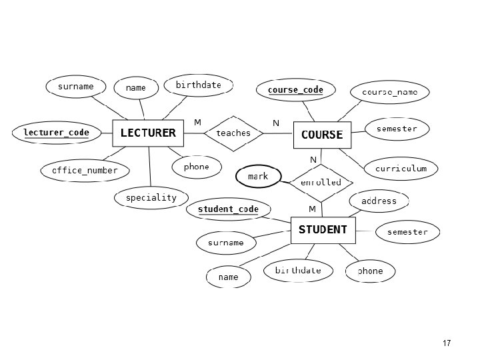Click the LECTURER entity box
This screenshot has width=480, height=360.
[x=148, y=133]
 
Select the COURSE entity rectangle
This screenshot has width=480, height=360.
[x=322, y=135]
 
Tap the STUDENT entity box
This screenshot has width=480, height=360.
[x=323, y=230]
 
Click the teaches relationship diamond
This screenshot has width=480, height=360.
[x=233, y=133]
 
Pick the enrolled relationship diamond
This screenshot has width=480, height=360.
[x=321, y=183]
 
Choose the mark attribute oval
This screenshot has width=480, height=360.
[x=258, y=177]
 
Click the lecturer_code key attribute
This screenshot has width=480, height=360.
[x=56, y=133]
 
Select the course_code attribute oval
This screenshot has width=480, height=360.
[x=295, y=90]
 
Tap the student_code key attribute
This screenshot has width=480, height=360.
[x=228, y=209]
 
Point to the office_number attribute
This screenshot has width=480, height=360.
[x=85, y=171]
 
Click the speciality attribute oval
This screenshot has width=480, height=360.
[x=151, y=198]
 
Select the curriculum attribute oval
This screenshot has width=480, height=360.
[x=401, y=169]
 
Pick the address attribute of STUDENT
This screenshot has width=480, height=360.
[x=379, y=201]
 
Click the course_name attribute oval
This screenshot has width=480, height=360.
[x=394, y=92]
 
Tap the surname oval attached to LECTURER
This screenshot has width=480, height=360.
[x=76, y=87]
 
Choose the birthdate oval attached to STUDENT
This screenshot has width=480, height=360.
[x=298, y=270]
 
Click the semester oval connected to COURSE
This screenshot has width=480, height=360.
[x=397, y=129]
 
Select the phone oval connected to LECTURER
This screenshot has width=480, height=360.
[x=196, y=167]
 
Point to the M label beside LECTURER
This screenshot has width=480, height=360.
[x=197, y=123]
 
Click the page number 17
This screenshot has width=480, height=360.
[x=447, y=343]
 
